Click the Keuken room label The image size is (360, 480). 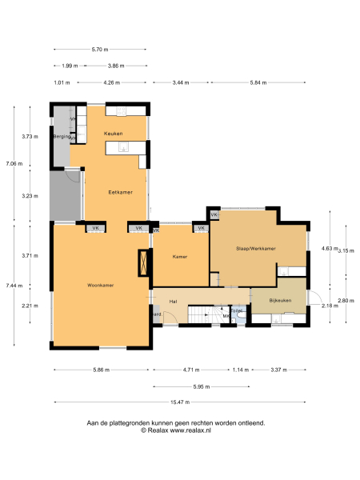(113, 133)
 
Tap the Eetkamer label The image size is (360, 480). (120, 193)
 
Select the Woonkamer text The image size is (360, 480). (101, 285)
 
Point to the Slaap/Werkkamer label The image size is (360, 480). (256, 250)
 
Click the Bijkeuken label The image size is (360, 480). (278, 301)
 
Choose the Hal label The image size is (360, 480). (173, 301)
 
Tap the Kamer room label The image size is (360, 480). (180, 257)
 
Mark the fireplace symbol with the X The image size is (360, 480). (143, 263)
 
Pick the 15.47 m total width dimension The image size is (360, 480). (180, 402)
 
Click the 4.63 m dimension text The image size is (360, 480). (328, 248)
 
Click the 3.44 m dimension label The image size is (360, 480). (181, 82)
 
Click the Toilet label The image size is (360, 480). (238, 310)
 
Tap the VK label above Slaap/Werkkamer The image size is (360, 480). (214, 215)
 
